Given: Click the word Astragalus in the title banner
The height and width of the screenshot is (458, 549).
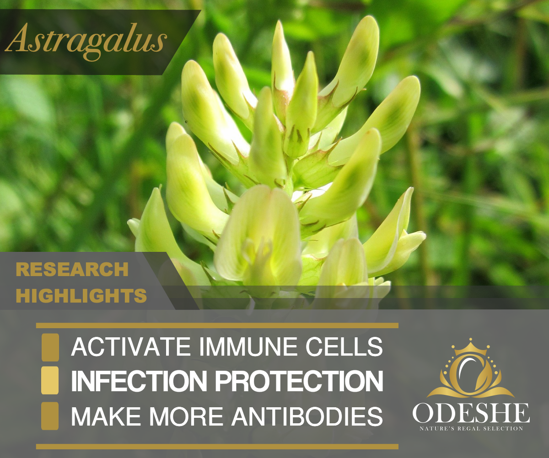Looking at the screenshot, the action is pos(86,42).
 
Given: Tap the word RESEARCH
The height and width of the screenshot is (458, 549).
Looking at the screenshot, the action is pos(72,269).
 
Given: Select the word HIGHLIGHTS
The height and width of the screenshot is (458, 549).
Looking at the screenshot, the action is pos(81,296).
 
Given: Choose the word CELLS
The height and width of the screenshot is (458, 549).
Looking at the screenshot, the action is pos(344,346).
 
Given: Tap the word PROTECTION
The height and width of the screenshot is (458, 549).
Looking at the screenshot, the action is pos(299,381).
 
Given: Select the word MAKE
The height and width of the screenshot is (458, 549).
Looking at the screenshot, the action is pos(106,416).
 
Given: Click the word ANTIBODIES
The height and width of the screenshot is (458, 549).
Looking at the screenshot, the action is pos(307,416).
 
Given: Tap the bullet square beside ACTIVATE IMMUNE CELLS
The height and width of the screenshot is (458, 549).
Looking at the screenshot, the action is pos(50,347).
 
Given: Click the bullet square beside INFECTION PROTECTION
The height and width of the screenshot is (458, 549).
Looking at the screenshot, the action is pos(50,380).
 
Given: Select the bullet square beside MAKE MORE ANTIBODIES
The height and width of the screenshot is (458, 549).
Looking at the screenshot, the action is pos(50,416).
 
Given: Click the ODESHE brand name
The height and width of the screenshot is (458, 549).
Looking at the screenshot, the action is pos(471,413).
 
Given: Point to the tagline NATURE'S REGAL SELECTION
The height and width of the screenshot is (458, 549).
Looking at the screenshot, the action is pos(471,429).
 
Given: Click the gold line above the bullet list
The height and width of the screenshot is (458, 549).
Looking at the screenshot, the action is pos(217,325).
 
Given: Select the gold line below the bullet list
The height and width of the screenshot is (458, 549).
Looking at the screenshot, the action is pos(217,447).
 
